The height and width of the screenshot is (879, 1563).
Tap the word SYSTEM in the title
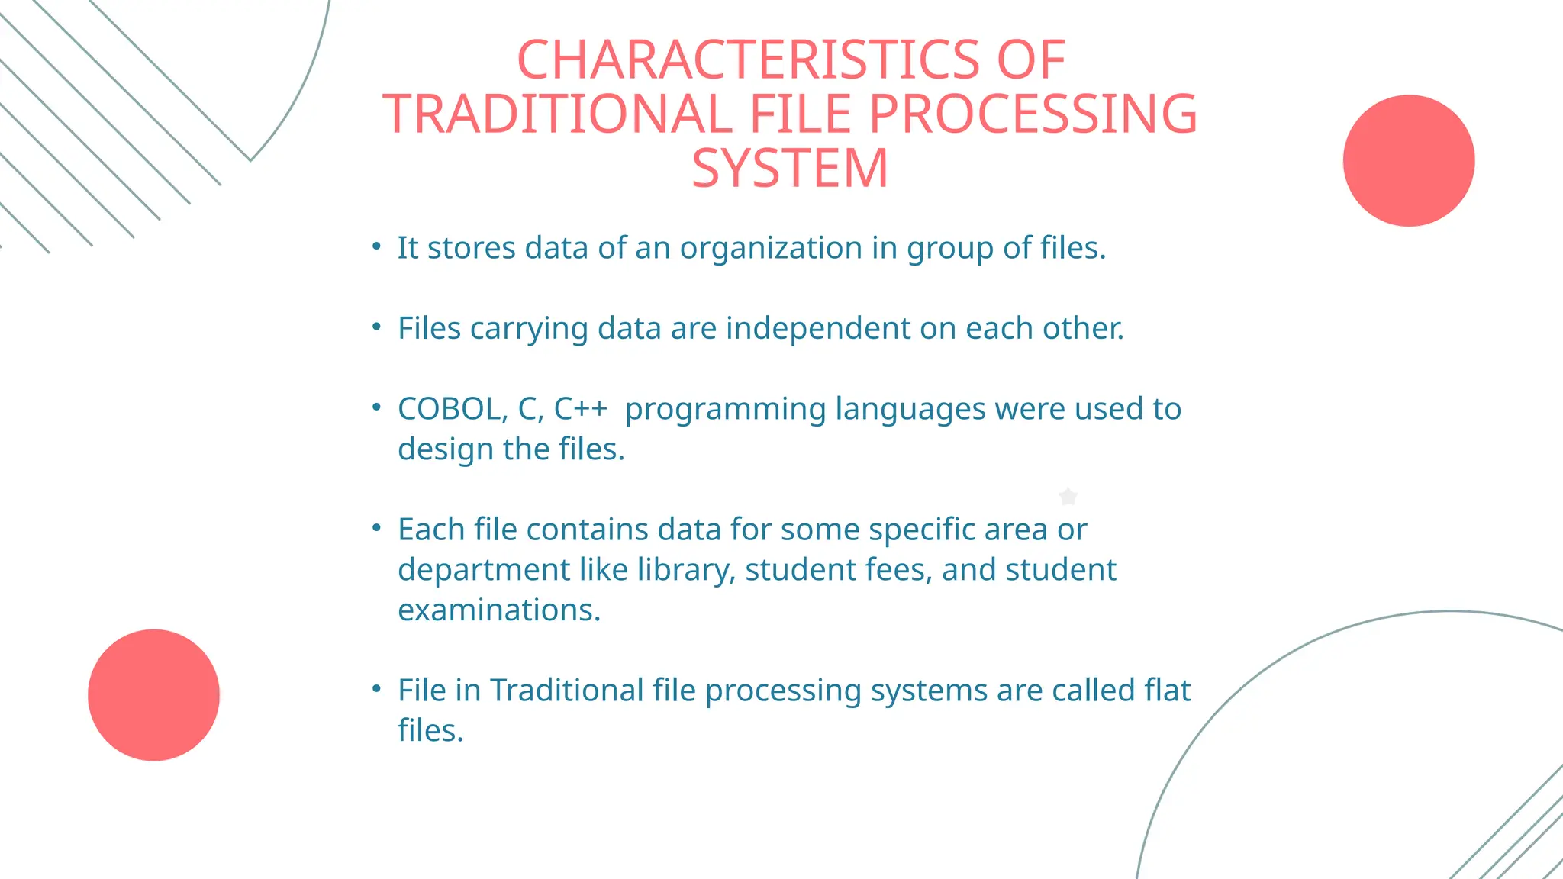point(790,168)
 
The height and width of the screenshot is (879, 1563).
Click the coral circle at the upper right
point(1409,160)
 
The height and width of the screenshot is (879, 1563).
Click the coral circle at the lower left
point(153,694)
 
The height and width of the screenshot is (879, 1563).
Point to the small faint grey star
point(1068,497)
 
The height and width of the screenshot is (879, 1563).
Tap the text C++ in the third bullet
point(580,409)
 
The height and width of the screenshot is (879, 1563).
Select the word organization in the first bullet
point(771,249)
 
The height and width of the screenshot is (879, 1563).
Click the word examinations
point(498,610)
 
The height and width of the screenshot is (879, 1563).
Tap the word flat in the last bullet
point(1168,691)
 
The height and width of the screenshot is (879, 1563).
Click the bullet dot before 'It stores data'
point(376,246)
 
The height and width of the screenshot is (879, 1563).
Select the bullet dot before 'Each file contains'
point(376,527)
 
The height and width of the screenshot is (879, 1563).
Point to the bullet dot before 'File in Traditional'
point(376,688)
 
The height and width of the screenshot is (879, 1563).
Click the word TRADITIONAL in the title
point(556,114)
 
